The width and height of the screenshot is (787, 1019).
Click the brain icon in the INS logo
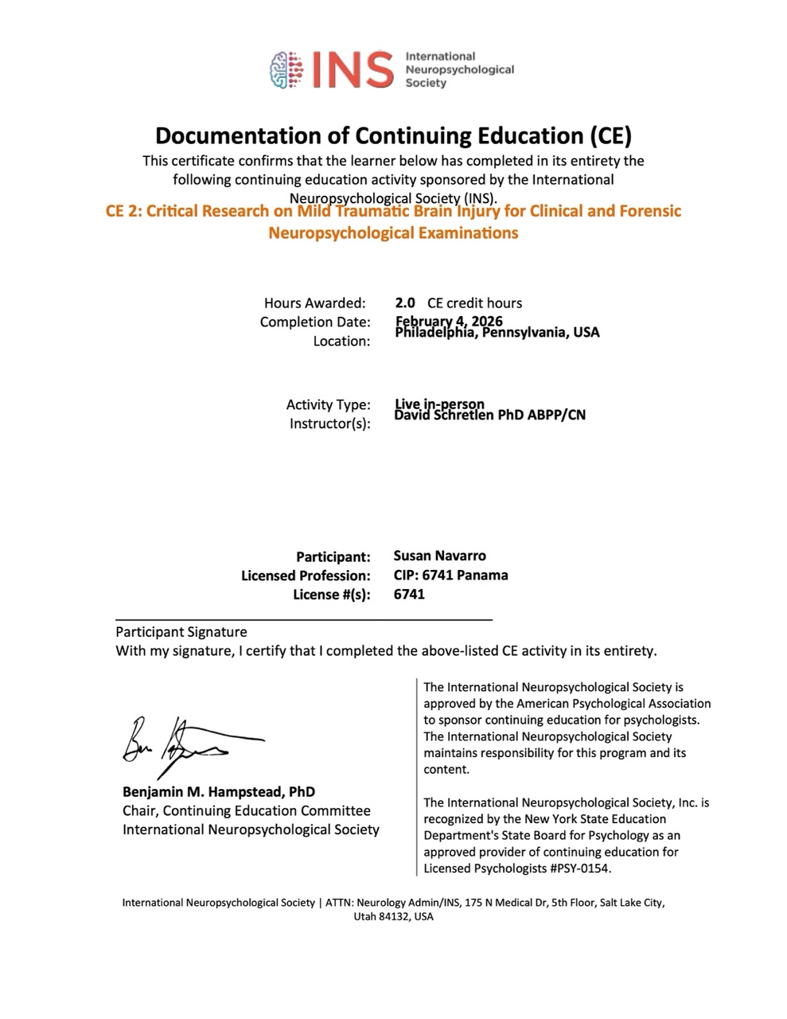[x=288, y=70]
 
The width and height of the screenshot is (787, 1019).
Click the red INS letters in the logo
[x=351, y=70]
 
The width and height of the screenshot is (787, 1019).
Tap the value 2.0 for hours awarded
[x=405, y=303]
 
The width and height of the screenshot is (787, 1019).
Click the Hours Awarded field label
[x=315, y=303]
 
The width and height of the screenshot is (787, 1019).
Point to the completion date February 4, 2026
[x=449, y=321]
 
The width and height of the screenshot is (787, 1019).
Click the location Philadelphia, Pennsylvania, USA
[x=497, y=332]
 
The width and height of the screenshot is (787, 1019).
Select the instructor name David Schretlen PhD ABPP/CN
[x=490, y=414]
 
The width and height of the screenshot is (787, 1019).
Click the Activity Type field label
[x=328, y=404]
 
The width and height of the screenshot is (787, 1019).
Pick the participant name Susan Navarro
[x=439, y=556]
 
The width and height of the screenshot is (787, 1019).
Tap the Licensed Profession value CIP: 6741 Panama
[x=450, y=575]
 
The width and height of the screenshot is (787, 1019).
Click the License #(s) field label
[x=332, y=595]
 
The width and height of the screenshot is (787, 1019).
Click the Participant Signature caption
[x=181, y=632]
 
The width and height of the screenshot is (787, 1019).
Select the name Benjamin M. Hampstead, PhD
[x=219, y=791]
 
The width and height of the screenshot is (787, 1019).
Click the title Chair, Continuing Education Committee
[x=247, y=810]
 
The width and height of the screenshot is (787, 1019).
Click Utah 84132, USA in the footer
[x=393, y=916]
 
